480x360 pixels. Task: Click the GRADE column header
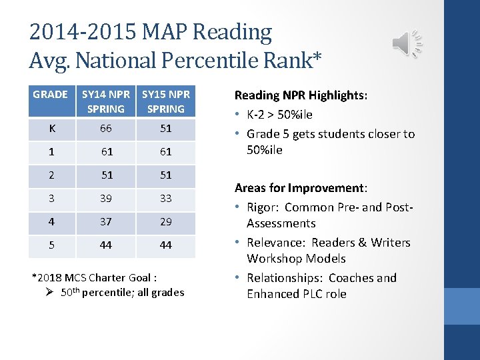click(x=50, y=95)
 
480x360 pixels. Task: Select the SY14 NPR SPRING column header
click(x=105, y=101)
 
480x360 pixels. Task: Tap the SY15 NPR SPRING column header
click(x=165, y=101)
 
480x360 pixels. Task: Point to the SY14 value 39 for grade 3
click(x=105, y=198)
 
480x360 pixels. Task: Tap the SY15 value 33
click(x=165, y=198)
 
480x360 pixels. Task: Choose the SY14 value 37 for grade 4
click(x=105, y=221)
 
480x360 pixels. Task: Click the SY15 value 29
click(x=165, y=221)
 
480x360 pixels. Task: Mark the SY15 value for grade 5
click(x=165, y=245)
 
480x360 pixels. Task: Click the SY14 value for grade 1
click(x=105, y=152)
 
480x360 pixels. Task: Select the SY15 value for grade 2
click(x=165, y=175)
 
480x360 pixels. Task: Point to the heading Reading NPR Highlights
click(x=300, y=96)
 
